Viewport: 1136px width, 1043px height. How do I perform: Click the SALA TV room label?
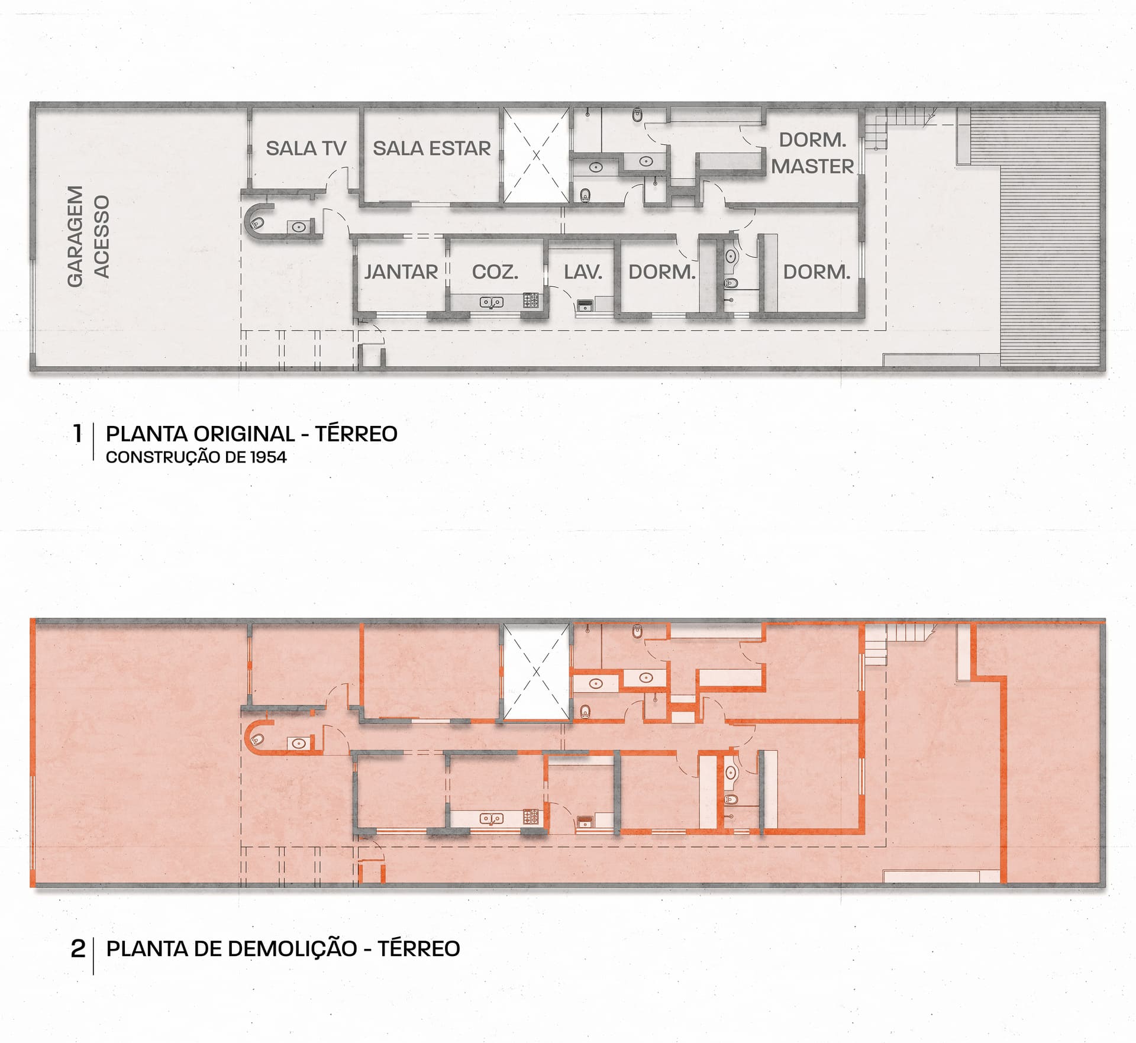tap(306, 148)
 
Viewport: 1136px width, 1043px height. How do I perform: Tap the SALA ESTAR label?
tap(432, 148)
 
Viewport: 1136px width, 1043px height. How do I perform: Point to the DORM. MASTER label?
tap(812, 153)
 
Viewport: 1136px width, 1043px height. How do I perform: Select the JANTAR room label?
tap(401, 272)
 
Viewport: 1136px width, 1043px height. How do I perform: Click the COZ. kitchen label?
tap(495, 272)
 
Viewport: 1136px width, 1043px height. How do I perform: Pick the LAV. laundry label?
tap(583, 272)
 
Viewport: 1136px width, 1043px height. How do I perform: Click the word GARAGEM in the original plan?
tap(75, 237)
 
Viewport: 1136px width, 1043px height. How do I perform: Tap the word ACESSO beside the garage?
tap(102, 237)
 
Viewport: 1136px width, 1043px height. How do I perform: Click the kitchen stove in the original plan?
tap(531, 301)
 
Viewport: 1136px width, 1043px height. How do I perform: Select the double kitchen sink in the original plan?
tap(491, 302)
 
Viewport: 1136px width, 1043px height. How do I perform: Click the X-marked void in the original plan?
tap(536, 156)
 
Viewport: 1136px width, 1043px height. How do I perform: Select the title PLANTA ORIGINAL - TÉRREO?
tap(251, 434)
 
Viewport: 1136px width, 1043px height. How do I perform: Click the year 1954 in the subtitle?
tap(268, 457)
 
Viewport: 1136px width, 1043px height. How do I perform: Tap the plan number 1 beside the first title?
tap(78, 434)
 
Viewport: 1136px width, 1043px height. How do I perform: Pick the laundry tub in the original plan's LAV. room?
tap(585, 305)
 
